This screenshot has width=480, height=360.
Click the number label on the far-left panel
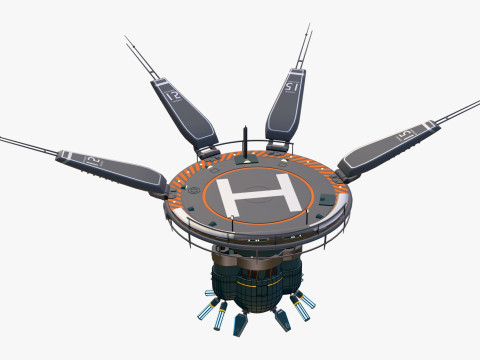(93, 160)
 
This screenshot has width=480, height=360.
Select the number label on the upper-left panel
(177, 96)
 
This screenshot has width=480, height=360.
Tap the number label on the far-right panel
(404, 133)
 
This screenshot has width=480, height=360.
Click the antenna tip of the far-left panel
(3, 137)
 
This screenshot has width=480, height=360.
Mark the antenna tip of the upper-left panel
(127, 38)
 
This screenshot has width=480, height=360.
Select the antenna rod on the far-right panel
(455, 111)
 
